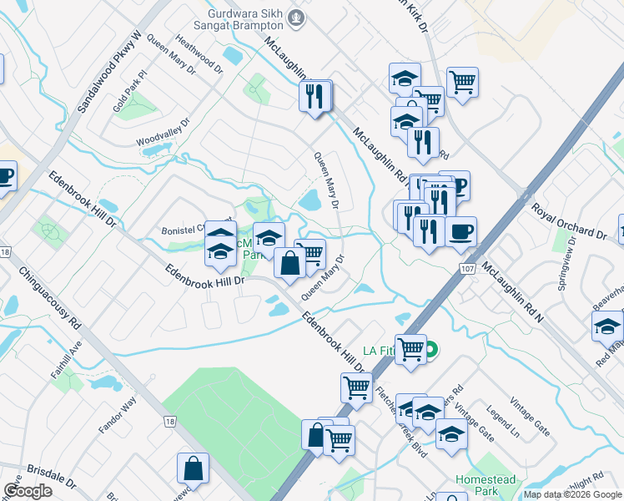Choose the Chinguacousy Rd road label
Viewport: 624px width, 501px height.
49,291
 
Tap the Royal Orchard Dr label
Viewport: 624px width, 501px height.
569,220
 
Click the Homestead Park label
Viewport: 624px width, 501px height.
486,485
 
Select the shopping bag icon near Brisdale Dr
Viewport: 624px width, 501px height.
193,467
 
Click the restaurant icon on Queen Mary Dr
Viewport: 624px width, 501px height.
315,95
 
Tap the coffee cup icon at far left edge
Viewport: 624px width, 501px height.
4,176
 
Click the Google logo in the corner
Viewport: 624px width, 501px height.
28,491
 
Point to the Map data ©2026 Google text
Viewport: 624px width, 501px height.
572,494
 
